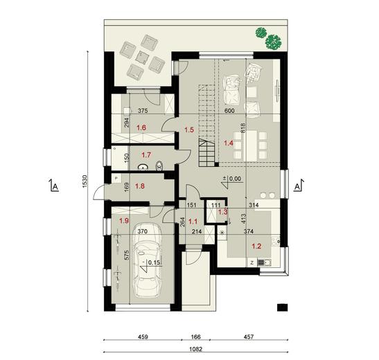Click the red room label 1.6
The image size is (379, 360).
point(141,127)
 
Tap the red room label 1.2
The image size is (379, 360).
point(255,246)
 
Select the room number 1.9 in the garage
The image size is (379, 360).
point(125,220)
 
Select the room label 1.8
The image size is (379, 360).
point(139,186)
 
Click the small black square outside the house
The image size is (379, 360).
point(281,307)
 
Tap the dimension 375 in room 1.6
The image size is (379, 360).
point(143,111)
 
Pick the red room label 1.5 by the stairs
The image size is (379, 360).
point(188,129)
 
